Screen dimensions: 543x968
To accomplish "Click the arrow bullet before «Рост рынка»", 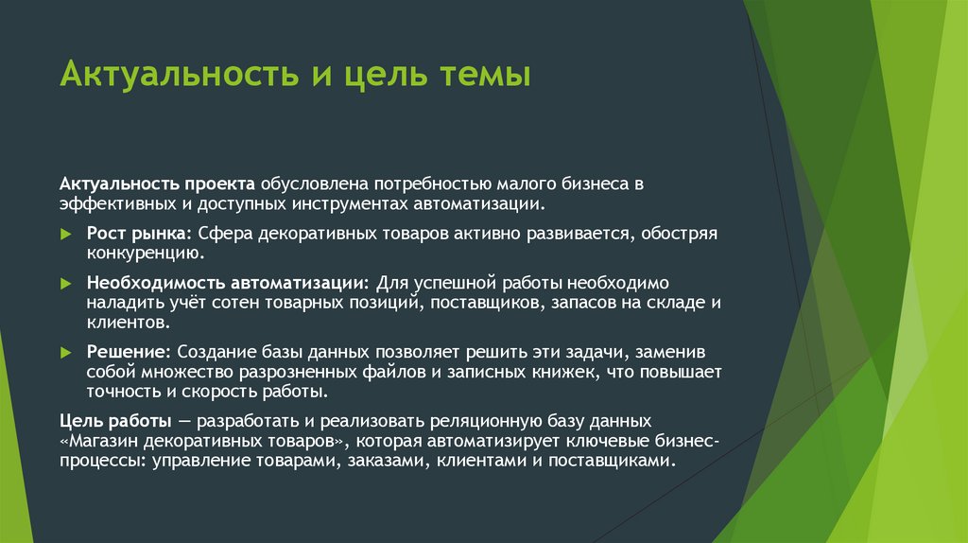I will [x=65, y=233].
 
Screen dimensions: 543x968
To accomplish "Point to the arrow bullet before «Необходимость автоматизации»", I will [x=65, y=283].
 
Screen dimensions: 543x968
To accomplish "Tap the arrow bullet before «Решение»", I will [x=65, y=351].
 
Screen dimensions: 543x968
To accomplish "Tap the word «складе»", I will [x=670, y=303].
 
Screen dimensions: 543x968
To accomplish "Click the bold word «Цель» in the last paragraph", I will [x=80, y=418].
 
